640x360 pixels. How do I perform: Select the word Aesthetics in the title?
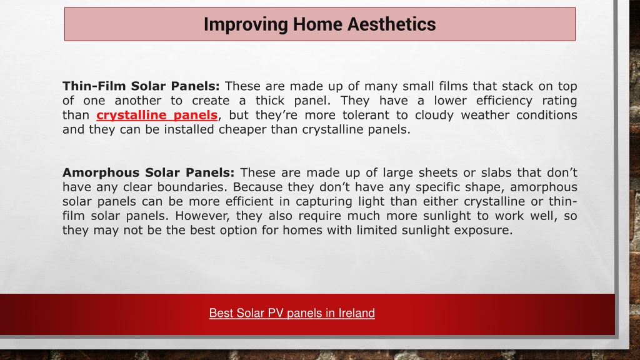pos(391,24)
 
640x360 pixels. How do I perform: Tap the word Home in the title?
pos(317,24)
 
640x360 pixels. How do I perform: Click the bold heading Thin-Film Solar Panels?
pos(141,86)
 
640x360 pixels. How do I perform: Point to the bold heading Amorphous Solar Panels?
pos(149,172)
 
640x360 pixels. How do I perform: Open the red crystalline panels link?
pos(157,115)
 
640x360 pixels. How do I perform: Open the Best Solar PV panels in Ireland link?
pos(292,313)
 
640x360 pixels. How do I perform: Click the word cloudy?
pos(434,116)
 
